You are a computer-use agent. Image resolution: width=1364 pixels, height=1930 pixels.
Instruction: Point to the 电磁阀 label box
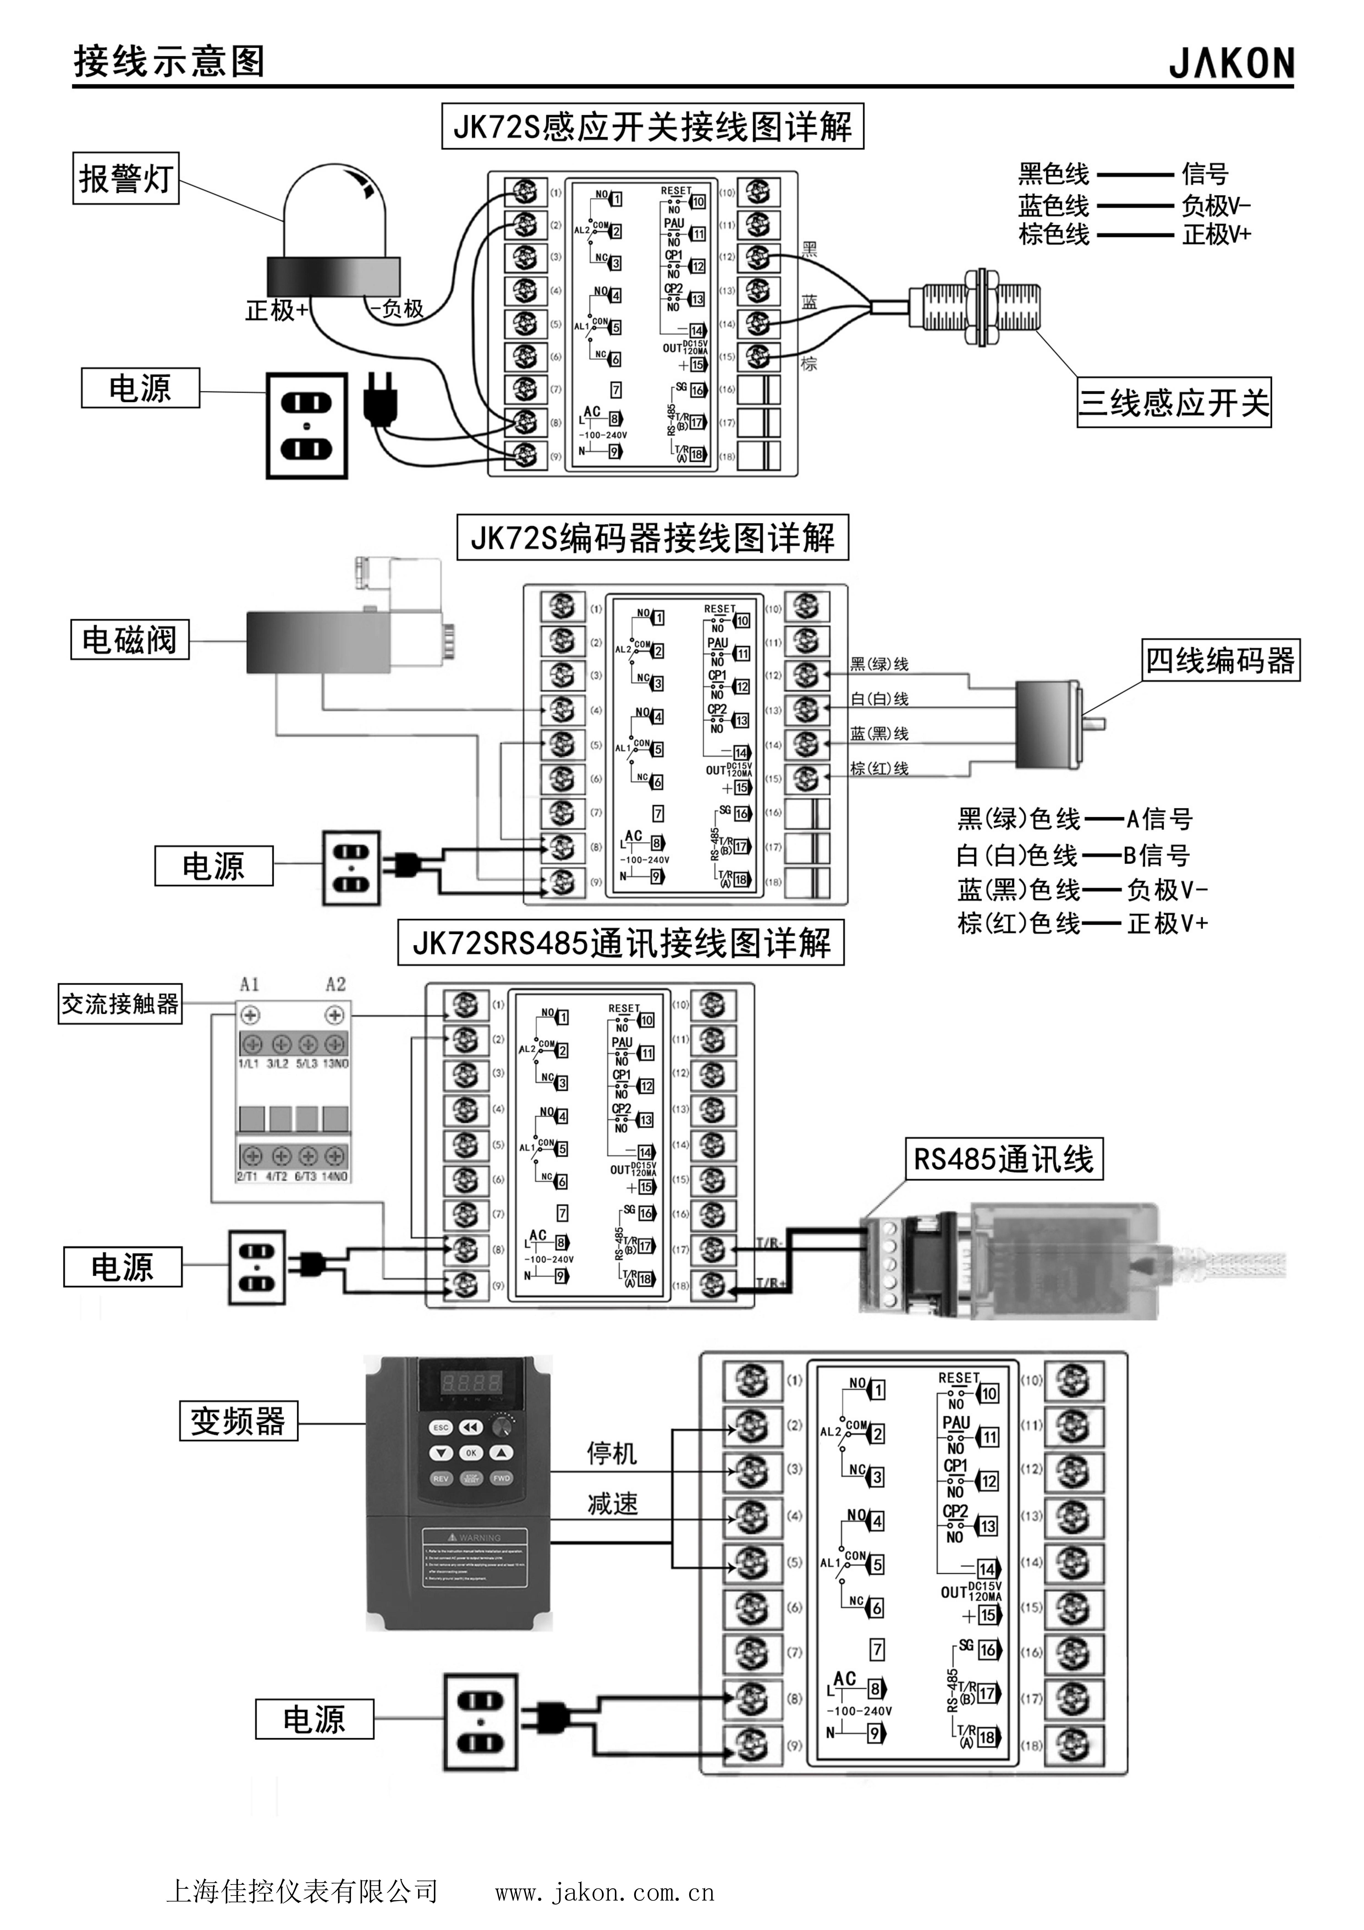[130, 640]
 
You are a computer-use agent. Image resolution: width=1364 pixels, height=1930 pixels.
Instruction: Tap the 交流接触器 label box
[120, 1004]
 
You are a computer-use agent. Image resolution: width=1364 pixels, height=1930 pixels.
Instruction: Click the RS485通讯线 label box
[1003, 1159]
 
